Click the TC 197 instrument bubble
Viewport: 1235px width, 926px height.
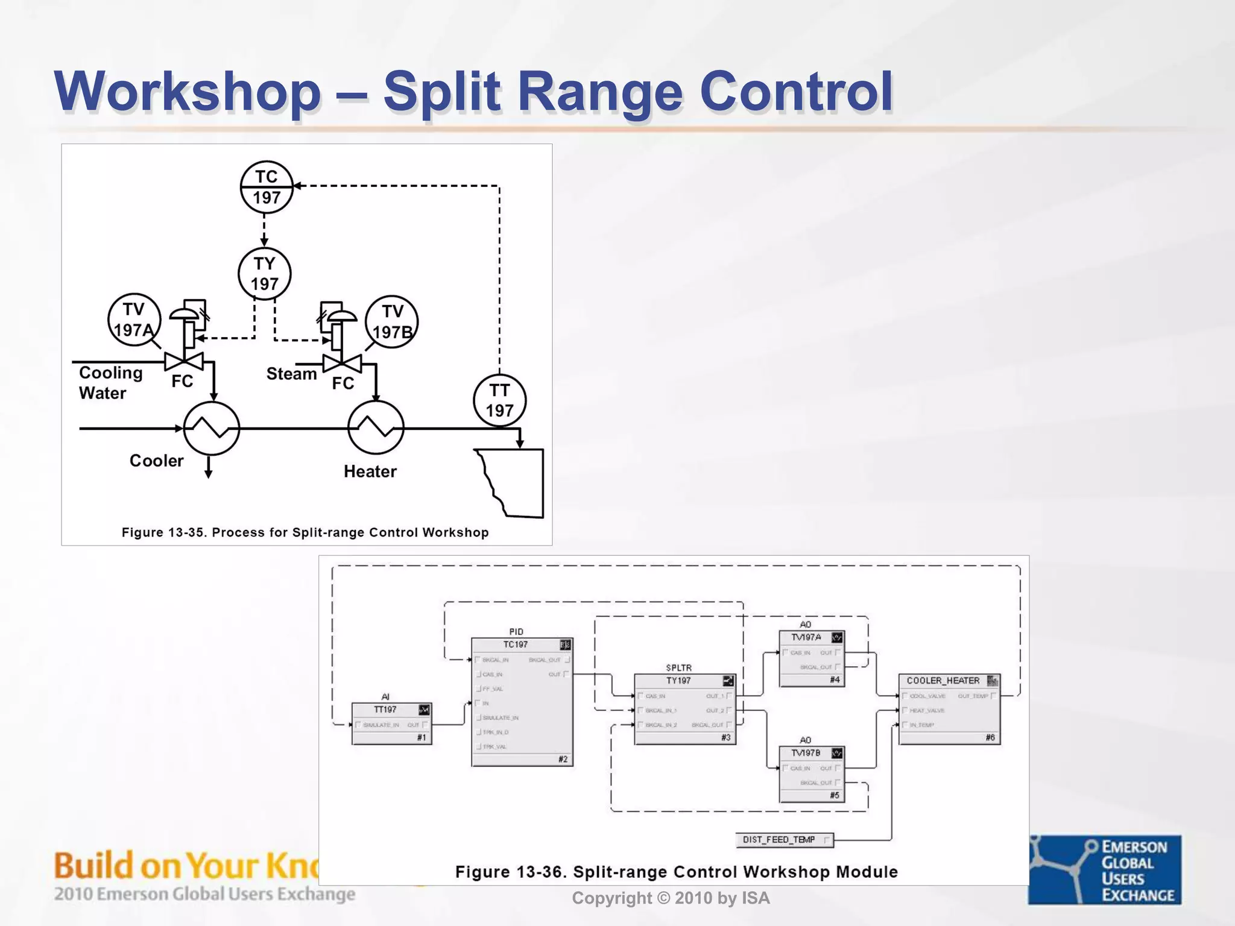pyautogui.click(x=266, y=187)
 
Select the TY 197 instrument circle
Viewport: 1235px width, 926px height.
pyautogui.click(x=264, y=274)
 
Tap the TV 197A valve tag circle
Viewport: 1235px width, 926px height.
pyautogui.click(x=134, y=320)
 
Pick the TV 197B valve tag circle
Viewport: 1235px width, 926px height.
pyautogui.click(x=392, y=321)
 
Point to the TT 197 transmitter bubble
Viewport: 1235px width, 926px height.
pyautogui.click(x=499, y=400)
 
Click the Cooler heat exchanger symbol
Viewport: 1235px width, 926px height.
pyautogui.click(x=211, y=428)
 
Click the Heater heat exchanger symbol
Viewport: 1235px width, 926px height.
pyautogui.click(x=376, y=428)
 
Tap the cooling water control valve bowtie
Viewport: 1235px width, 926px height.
pyautogui.click(x=184, y=362)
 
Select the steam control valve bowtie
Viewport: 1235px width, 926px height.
pyautogui.click(x=342, y=364)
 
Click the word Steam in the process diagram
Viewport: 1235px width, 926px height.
pyautogui.click(x=291, y=374)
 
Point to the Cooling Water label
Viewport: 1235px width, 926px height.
pyautogui.click(x=110, y=383)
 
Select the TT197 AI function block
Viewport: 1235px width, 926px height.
pyautogui.click(x=391, y=723)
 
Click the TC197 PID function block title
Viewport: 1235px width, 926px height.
pyautogui.click(x=516, y=644)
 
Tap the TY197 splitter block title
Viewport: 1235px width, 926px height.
pyautogui.click(x=679, y=681)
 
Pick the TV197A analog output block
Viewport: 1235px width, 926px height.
pyautogui.click(x=811, y=658)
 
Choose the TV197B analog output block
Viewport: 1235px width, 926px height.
pyautogui.click(x=811, y=774)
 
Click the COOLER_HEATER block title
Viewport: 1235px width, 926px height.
pyautogui.click(x=943, y=681)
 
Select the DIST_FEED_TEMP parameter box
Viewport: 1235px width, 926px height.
pyautogui.click(x=785, y=840)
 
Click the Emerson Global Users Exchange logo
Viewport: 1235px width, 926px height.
pyautogui.click(x=1105, y=869)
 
